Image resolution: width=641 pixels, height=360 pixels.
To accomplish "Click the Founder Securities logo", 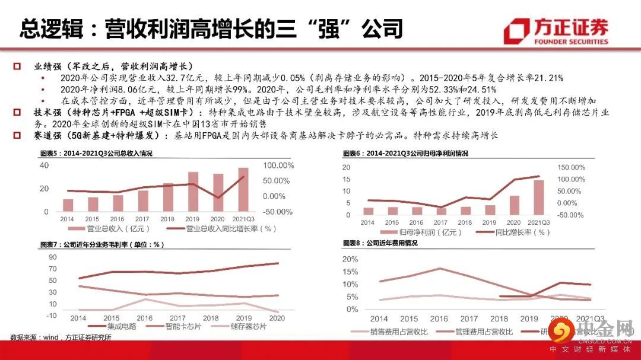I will tap(556, 31).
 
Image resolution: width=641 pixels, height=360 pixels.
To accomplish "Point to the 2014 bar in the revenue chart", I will tap(68, 205).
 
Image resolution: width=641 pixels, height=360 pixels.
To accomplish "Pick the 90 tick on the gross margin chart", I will tap(52, 257).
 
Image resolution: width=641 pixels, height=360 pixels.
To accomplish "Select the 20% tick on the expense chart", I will tap(350, 260).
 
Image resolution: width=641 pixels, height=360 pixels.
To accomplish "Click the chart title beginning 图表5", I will tap(96, 154).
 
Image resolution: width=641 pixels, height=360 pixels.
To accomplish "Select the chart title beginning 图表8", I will tap(380, 244).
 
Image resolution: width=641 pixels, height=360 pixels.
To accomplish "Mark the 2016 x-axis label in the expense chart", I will tap(439, 319).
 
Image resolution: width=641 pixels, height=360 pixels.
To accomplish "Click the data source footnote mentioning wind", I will tap(61, 337).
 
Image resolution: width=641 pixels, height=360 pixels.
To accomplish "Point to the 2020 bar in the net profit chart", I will tap(515, 205).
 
